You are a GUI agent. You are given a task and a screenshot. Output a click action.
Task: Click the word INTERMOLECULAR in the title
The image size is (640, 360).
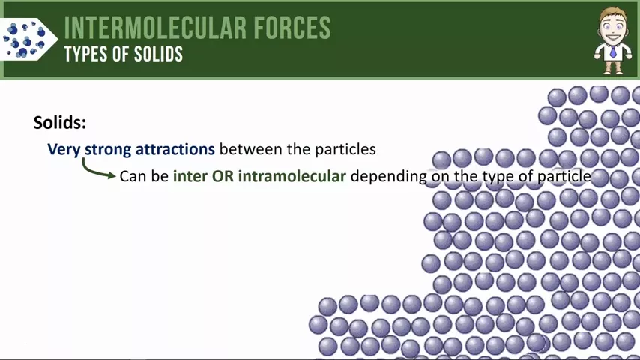tap(155, 28)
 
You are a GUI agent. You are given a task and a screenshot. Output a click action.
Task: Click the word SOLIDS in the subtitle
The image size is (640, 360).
tap(158, 54)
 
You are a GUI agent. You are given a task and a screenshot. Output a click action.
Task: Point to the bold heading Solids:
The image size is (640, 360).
tap(60, 122)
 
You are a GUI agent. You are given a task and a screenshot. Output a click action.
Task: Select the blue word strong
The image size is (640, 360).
tap(108, 150)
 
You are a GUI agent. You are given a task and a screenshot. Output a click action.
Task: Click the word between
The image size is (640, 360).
tap(250, 149)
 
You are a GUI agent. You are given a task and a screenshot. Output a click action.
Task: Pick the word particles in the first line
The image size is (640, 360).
tap(344, 150)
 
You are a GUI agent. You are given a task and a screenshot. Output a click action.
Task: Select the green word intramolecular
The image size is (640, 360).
tap(292, 176)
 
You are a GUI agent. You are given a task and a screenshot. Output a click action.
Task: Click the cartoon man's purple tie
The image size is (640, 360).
tap(613, 52)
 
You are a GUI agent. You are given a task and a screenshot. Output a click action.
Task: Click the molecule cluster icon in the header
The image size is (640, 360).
tap(25, 40)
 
